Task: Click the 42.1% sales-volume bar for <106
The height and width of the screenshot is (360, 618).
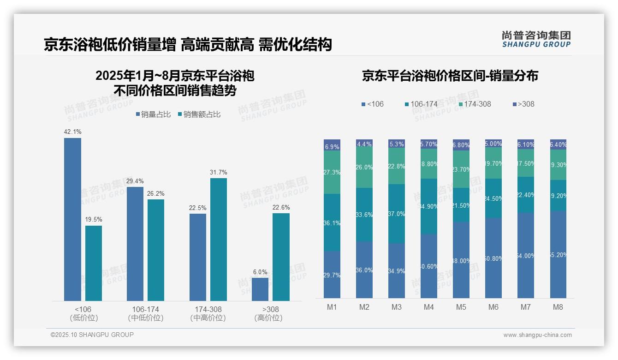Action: click(x=72, y=219)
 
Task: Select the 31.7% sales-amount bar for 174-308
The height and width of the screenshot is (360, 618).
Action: click(x=219, y=239)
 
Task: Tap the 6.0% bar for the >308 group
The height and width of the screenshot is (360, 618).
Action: click(x=260, y=289)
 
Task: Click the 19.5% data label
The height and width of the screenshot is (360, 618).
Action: click(x=94, y=220)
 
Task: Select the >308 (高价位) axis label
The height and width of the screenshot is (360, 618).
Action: click(x=268, y=313)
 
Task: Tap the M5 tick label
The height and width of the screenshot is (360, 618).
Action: click(x=461, y=307)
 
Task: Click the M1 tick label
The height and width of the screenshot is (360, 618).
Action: click(x=332, y=307)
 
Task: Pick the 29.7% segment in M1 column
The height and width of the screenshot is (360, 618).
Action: click(x=332, y=275)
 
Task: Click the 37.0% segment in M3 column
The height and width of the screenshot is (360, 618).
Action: click(x=397, y=214)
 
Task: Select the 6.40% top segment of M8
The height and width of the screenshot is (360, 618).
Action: click(x=558, y=144)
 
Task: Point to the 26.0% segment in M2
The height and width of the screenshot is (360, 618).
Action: click(x=364, y=168)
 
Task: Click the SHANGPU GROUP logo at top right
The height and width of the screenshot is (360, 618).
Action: click(x=536, y=39)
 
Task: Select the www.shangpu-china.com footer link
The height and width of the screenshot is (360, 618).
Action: click(x=537, y=335)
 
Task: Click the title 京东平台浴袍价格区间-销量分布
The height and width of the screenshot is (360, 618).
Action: click(x=450, y=76)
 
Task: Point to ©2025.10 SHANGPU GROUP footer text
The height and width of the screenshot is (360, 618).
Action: click(x=92, y=335)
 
